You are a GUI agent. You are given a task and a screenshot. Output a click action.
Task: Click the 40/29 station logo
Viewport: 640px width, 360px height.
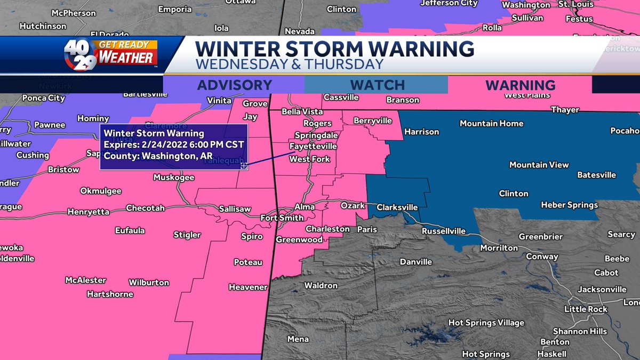80,55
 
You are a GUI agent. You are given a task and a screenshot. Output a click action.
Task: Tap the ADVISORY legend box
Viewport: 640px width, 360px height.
234,85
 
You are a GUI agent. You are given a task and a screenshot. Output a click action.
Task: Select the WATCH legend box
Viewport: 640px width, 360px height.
377,85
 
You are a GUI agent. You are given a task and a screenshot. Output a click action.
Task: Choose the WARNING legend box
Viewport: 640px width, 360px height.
521,85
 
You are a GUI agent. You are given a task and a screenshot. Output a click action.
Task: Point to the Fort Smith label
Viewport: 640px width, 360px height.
282,218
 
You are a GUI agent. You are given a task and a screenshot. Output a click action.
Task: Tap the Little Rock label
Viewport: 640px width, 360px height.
586,309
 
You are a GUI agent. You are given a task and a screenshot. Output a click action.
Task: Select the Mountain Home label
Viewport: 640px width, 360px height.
491,123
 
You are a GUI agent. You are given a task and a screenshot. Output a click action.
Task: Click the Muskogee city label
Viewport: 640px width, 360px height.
174,178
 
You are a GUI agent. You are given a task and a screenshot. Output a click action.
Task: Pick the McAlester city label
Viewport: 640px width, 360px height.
85,280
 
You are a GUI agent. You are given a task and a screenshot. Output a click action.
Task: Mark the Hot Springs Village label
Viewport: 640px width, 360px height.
486,323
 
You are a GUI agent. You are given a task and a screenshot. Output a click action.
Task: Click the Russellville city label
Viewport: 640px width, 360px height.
443,231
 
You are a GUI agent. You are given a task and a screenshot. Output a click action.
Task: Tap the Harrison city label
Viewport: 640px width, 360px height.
421,132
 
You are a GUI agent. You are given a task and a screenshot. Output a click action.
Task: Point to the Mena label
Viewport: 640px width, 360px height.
298,339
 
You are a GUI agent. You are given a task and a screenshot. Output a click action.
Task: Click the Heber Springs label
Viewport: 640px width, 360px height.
569,205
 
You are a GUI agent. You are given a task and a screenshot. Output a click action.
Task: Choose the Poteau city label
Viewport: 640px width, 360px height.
248,262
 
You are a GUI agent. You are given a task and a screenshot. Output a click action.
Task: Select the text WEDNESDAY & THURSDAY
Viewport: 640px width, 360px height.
290,64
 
